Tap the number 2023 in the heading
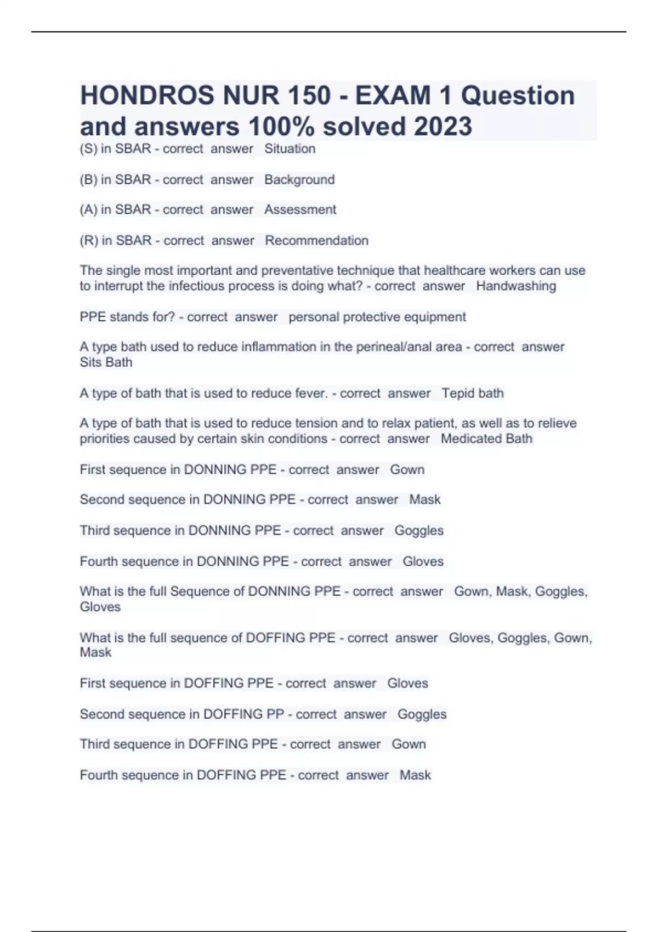(443, 127)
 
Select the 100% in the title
(281, 127)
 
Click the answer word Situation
(290, 149)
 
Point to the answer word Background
(299, 179)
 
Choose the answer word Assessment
(300, 209)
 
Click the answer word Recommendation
(316, 240)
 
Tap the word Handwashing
(516, 286)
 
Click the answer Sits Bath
(106, 362)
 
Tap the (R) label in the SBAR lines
(89, 240)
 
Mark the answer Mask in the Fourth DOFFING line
(415, 775)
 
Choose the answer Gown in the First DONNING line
(407, 469)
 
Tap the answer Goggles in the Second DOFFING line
(422, 714)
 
